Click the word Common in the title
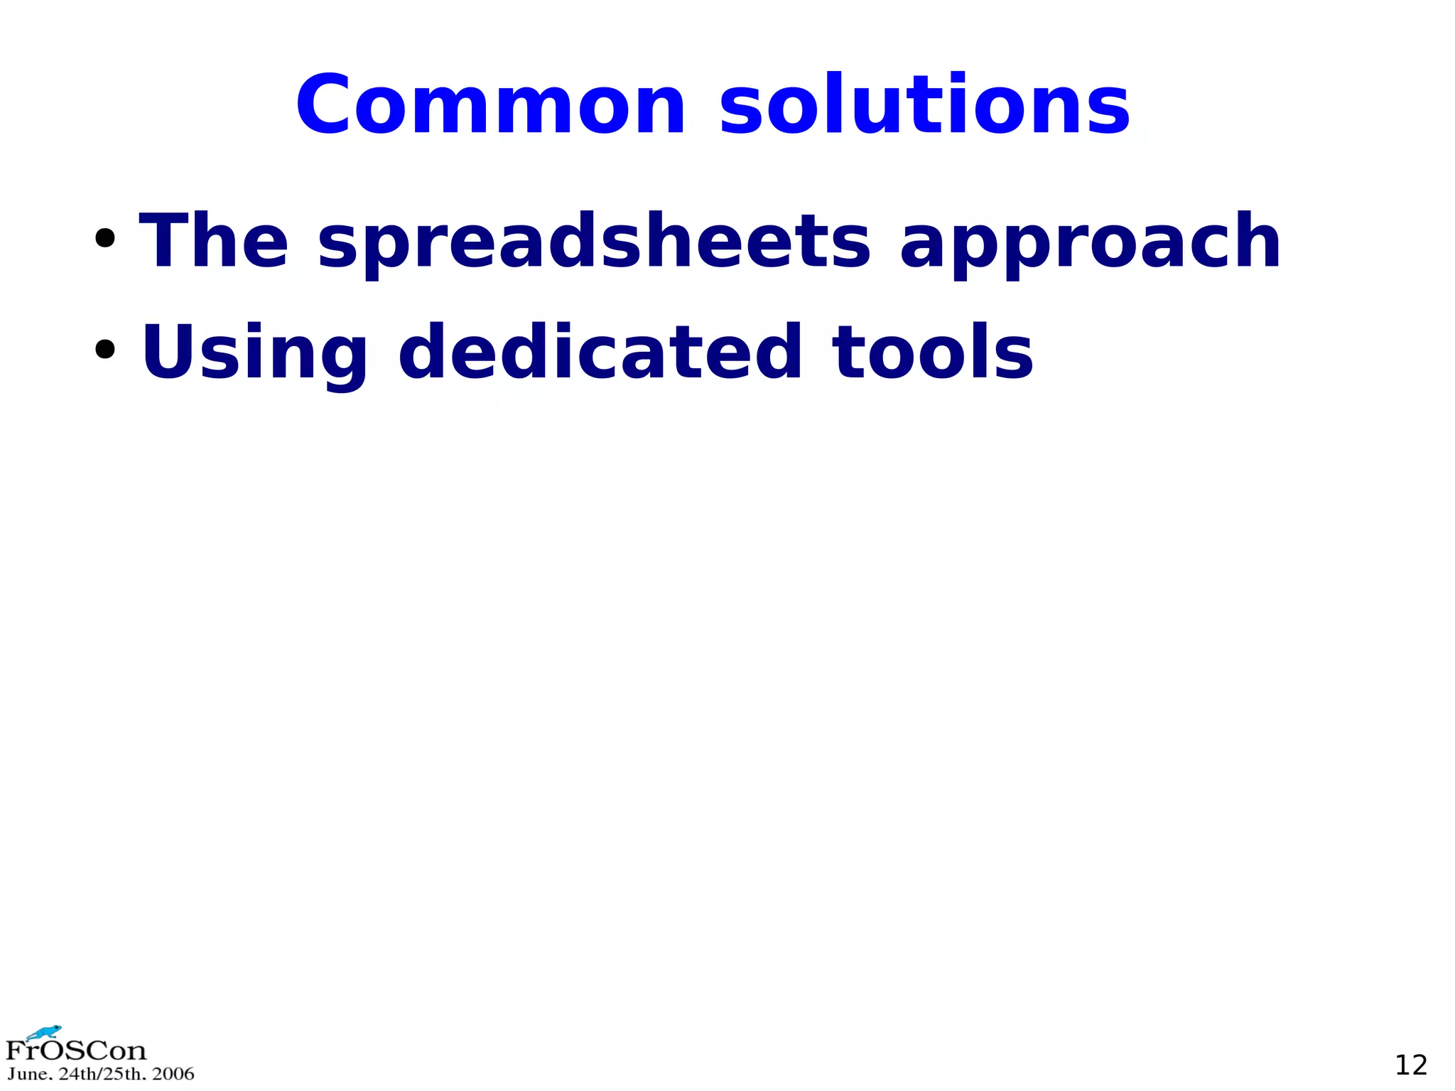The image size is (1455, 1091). [491, 105]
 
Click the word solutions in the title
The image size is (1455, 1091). [924, 105]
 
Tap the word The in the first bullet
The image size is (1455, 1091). [214, 241]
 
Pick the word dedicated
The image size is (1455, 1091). [600, 352]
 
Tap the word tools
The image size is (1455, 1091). [933, 352]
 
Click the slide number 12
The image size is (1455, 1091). [1411, 1065]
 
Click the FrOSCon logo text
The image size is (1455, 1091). [76, 1050]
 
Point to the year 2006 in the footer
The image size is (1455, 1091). [173, 1074]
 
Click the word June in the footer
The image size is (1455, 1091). [28, 1074]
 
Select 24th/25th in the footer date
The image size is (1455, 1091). [102, 1074]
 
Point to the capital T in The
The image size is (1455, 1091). [163, 241]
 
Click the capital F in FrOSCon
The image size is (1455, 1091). [15, 1050]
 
